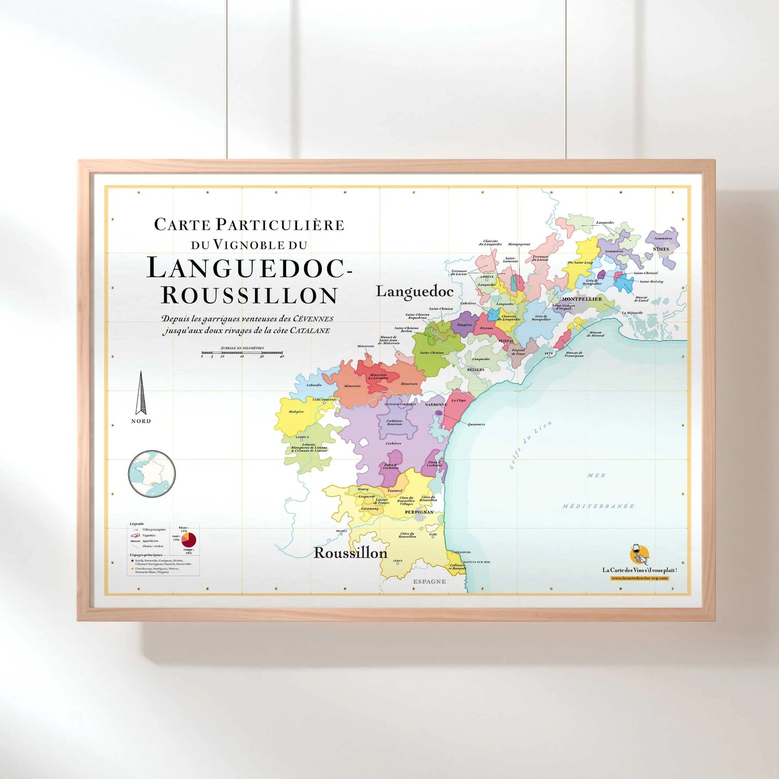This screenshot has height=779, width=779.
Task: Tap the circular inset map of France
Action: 152,474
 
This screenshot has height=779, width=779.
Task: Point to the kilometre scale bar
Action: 242,353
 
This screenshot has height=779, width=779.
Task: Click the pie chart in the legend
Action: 189,539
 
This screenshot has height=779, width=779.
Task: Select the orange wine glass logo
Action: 639,555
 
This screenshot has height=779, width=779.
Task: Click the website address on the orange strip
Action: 639,578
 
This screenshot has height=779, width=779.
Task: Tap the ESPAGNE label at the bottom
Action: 429,582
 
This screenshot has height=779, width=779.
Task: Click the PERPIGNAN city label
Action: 419,512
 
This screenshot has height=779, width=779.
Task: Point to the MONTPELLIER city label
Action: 582,299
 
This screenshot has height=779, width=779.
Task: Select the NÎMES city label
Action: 661,249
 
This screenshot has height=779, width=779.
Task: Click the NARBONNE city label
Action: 436,404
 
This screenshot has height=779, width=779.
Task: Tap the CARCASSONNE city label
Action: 325,400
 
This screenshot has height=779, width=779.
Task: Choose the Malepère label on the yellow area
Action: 296,412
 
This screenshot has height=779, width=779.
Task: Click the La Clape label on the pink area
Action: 459,400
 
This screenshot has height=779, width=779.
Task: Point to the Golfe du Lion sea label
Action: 530,445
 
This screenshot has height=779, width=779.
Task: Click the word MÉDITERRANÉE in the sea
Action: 598,506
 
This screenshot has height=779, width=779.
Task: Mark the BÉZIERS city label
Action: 475,370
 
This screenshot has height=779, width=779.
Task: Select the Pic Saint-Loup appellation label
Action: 580,262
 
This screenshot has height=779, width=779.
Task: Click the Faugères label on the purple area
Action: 464,325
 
